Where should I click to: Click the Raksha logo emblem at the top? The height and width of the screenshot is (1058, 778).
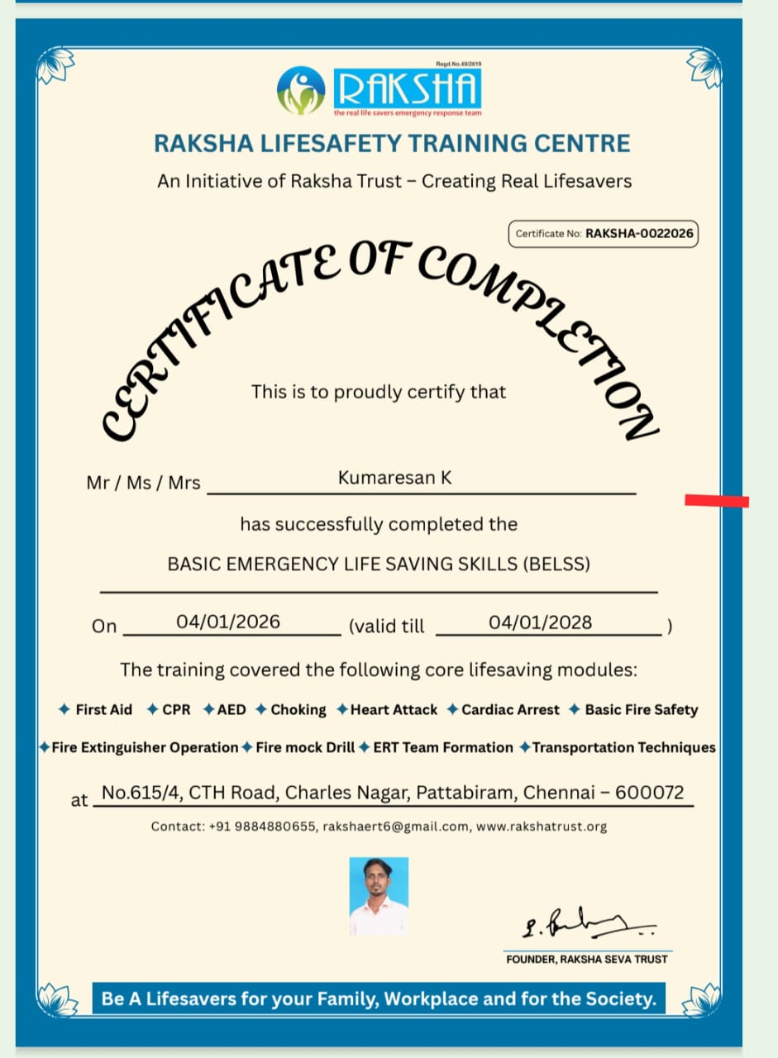tap(302, 90)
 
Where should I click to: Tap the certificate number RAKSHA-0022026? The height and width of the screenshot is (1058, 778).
tap(639, 234)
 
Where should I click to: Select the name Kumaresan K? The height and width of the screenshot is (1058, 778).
tap(395, 477)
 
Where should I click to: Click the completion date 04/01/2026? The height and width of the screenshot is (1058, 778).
tap(228, 622)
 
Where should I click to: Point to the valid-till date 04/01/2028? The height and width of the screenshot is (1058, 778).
tap(541, 622)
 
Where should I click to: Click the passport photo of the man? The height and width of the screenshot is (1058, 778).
tap(379, 896)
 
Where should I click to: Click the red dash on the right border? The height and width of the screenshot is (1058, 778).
tap(717, 500)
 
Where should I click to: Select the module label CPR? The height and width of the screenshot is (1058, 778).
tap(176, 710)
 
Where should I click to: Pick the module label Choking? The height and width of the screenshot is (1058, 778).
tap(298, 710)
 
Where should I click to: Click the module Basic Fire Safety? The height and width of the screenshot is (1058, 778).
tap(641, 710)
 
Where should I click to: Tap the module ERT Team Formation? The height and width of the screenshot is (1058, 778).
tap(443, 748)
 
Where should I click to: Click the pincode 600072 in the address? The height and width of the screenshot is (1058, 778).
tap(650, 793)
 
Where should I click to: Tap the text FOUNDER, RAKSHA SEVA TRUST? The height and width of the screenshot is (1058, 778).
tap(587, 960)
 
